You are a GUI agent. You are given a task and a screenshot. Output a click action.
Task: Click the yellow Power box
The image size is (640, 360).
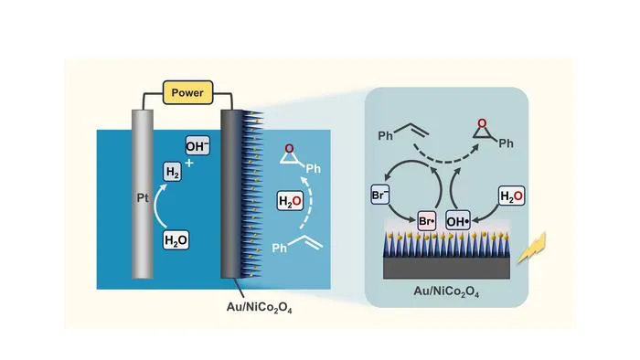click(187, 92)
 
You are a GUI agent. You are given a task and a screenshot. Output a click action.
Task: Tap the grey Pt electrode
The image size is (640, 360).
click(143, 194)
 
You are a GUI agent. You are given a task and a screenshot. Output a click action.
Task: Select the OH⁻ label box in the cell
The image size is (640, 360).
click(197, 145)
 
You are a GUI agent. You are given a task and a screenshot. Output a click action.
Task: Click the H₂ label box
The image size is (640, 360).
click(172, 172)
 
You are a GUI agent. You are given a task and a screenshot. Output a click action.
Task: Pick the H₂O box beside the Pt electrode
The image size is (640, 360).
click(176, 240)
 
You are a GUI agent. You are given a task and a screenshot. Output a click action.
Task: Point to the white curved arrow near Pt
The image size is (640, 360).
click(156, 205)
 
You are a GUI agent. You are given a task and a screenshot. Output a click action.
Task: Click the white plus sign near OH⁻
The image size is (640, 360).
click(189, 163)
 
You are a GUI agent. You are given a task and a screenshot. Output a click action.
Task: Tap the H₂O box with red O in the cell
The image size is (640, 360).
click(290, 201)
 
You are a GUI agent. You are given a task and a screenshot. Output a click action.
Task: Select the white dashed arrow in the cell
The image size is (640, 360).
click(308, 202)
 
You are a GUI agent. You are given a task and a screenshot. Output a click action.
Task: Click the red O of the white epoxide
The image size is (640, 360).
click(289, 148)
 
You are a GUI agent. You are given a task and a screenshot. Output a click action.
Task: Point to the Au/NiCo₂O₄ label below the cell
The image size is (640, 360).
click(259, 307)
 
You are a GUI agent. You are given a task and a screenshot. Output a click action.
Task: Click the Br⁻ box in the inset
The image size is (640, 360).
click(379, 195)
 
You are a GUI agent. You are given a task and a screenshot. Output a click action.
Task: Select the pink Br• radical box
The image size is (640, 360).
click(427, 221)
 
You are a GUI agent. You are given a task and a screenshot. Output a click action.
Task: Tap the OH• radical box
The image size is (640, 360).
click(457, 221)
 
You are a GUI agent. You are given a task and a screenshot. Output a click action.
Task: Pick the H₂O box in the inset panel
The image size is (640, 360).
click(511, 196)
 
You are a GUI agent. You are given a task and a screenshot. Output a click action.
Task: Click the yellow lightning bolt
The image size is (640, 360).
click(533, 247)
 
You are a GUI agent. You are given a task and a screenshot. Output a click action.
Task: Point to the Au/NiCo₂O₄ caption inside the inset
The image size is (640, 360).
click(446, 291)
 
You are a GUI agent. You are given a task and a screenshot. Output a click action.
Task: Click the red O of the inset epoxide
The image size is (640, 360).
click(482, 122)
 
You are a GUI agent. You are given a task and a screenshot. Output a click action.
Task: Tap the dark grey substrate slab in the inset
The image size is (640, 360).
click(446, 268)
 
